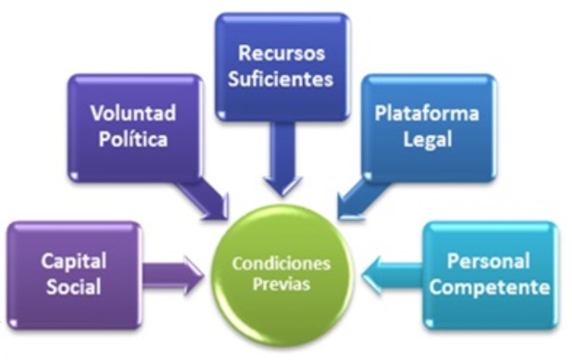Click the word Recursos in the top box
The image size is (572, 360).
coord(281,53)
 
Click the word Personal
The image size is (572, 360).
coord(488,260)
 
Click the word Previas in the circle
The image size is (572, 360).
coord(281,284)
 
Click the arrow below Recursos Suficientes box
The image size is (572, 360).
coord(281,170)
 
